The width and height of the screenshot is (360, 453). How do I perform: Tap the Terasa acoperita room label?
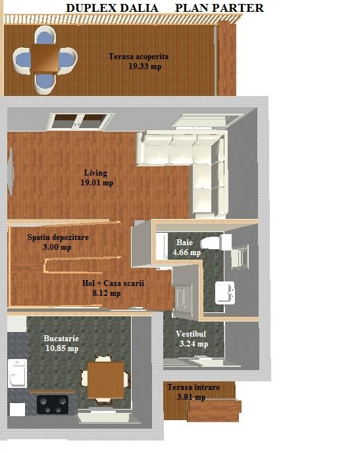click(x=138, y=57)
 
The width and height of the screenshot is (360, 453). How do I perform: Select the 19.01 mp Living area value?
click(x=97, y=183)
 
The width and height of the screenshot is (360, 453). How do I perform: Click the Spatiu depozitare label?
click(x=58, y=237)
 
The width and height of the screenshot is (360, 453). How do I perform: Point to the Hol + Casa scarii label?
click(x=113, y=283)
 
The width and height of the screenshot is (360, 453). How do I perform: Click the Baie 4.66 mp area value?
click(x=187, y=252)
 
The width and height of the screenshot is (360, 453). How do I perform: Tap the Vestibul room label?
click(x=191, y=334)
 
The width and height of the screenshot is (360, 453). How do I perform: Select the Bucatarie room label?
click(x=61, y=339)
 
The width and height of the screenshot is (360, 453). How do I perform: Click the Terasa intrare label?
click(x=193, y=387)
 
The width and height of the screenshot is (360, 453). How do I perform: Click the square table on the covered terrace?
click(x=45, y=59)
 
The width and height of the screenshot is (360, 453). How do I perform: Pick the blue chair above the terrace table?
click(x=45, y=36)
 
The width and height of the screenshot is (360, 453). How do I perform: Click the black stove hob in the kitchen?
click(x=53, y=404)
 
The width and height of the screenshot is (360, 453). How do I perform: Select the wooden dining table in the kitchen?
click(x=106, y=380)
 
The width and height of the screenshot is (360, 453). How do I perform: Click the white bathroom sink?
click(x=224, y=293)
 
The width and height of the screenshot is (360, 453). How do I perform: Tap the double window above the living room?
click(x=79, y=122)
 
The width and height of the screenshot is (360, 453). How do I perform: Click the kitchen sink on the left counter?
click(x=17, y=373)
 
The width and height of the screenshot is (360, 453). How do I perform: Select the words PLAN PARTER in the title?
click(x=219, y=8)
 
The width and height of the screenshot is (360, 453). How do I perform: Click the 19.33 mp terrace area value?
click(x=145, y=66)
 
